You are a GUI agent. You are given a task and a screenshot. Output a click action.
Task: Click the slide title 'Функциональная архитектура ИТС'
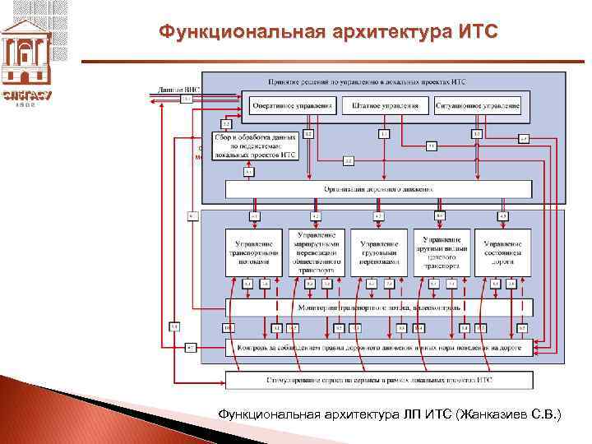point(328,32)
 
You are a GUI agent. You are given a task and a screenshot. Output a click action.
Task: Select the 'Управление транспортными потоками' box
point(254,252)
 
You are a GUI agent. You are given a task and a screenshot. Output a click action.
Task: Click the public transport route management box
point(317,252)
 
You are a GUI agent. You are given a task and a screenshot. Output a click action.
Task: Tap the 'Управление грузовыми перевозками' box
point(379,252)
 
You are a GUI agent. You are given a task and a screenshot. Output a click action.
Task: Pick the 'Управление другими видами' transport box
point(442,252)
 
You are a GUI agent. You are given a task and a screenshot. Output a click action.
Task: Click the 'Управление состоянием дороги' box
point(503,252)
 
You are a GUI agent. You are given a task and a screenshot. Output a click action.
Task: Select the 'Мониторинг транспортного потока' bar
point(379,307)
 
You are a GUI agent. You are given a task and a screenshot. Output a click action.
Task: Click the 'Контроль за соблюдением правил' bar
point(379,347)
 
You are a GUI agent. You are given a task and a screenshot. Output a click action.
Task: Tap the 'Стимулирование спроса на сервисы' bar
point(379,380)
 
